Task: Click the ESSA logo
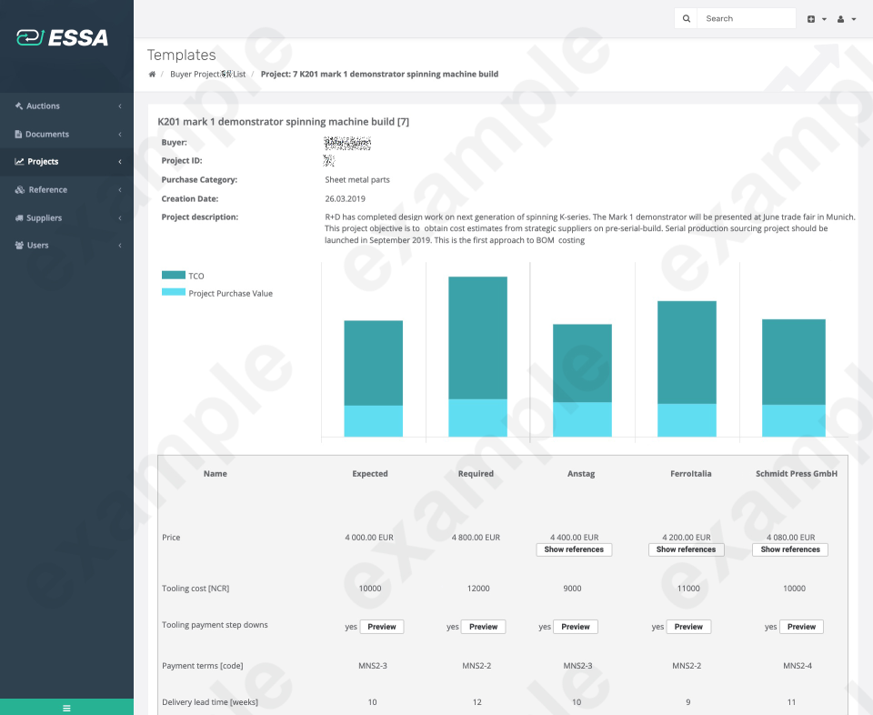[x=62, y=37]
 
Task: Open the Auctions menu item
[x=43, y=106]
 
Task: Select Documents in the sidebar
[x=46, y=135]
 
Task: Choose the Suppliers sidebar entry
[x=44, y=218]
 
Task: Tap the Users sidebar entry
[x=37, y=246]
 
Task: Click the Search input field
[x=745, y=18]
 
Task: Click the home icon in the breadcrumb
[x=152, y=74]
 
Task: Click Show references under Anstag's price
[x=574, y=549]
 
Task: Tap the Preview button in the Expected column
[x=382, y=627]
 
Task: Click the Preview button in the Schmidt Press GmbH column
[x=801, y=627]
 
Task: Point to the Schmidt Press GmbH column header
[x=796, y=474]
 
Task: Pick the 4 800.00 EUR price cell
[x=476, y=538]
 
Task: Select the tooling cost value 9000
[x=573, y=589]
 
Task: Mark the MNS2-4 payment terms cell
[x=797, y=666]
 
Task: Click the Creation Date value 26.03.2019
[x=345, y=198]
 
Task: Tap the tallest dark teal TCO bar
[x=477, y=337]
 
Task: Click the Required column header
[x=476, y=474]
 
